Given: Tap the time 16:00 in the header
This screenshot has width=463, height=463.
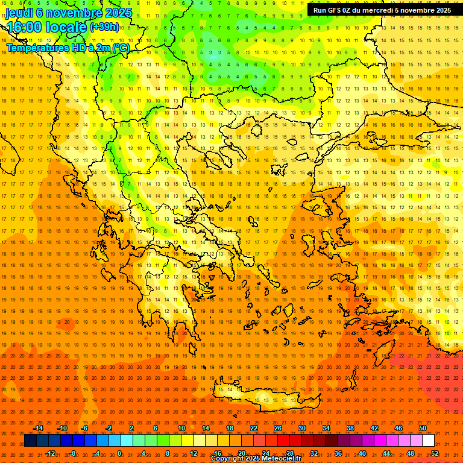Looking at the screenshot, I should (x=27, y=27).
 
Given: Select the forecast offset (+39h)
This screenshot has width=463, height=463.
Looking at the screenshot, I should (x=104, y=27).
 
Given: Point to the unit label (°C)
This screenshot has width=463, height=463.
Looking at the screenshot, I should (x=121, y=48).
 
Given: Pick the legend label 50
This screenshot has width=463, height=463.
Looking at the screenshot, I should (x=423, y=428).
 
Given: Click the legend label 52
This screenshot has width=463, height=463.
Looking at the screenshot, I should (x=435, y=453).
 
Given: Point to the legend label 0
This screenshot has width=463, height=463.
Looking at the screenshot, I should (x=119, y=453).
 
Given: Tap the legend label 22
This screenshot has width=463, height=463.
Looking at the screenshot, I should (x=254, y=428).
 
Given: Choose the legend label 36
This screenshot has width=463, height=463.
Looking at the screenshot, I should (x=338, y=453).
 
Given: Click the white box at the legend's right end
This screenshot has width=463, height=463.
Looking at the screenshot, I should (x=429, y=441).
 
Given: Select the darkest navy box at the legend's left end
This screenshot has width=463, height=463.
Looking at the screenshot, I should (x=30, y=441).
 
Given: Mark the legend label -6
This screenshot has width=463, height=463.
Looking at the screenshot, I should (x=84, y=428).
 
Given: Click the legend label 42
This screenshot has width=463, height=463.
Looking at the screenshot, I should (x=374, y=428).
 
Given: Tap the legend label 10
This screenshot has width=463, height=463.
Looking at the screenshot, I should (x=181, y=428).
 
